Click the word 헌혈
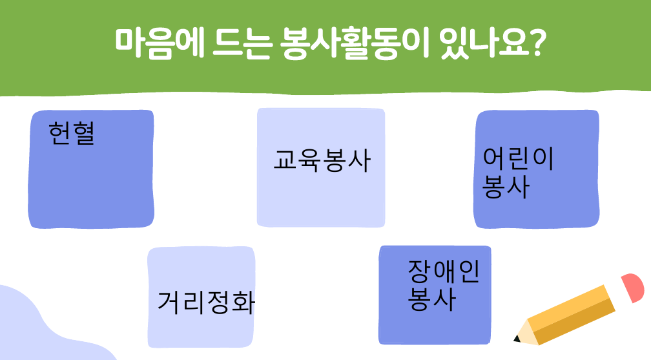72,133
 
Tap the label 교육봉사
322,160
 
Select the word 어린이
518,159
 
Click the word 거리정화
206,302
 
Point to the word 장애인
444,271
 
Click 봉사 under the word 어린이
506,187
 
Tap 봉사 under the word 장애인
431,299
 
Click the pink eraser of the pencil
632,288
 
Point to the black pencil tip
517,339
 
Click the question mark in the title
537,43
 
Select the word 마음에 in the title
160,43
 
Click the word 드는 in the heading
242,43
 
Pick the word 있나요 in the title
484,43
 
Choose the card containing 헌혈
91,169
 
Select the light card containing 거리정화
201,297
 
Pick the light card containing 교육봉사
321,167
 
